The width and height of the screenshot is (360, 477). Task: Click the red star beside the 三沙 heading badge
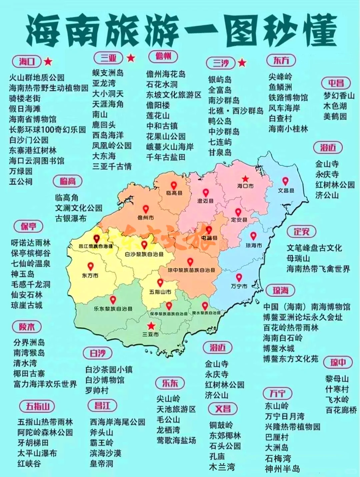click(242, 62)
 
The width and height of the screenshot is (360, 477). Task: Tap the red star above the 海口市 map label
click(245, 179)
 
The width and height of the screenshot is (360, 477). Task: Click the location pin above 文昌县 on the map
click(285, 181)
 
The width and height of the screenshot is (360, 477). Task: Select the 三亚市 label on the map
click(150, 334)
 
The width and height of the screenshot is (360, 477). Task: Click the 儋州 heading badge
click(163, 56)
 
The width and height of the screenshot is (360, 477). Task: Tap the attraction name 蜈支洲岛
click(108, 73)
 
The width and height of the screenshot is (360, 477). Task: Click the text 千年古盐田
click(166, 157)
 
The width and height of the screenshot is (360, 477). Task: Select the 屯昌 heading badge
click(336, 83)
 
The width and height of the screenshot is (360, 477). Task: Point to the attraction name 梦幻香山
click(339, 96)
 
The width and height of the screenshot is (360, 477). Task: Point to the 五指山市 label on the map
click(160, 292)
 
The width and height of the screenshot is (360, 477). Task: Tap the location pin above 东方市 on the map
click(90, 266)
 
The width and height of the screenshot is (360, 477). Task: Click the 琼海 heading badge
click(280, 290)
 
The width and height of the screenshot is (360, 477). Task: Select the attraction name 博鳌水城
click(279, 348)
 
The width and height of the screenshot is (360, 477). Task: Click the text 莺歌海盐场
click(176, 440)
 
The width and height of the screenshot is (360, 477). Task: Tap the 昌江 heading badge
click(102, 406)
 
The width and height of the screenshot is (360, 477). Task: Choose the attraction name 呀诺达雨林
click(30, 243)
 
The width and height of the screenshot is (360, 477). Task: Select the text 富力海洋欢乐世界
click(45, 384)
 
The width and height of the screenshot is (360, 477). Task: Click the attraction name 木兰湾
click(222, 467)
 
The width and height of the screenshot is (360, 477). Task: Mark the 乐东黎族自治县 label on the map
click(113, 309)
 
